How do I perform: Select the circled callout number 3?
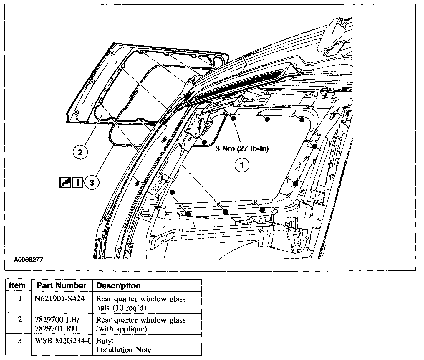[92, 183]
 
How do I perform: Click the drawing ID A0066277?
[28, 260]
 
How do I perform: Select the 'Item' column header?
[18, 285]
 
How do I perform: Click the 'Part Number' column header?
[62, 285]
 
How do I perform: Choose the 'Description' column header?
[119, 285]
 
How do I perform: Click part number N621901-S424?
[59, 299]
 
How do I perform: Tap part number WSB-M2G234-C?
[62, 341]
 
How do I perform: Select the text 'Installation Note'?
[124, 350]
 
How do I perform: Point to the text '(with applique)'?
[122, 329]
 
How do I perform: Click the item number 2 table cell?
[20, 320]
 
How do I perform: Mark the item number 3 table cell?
[20, 341]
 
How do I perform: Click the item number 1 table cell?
[20, 299]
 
